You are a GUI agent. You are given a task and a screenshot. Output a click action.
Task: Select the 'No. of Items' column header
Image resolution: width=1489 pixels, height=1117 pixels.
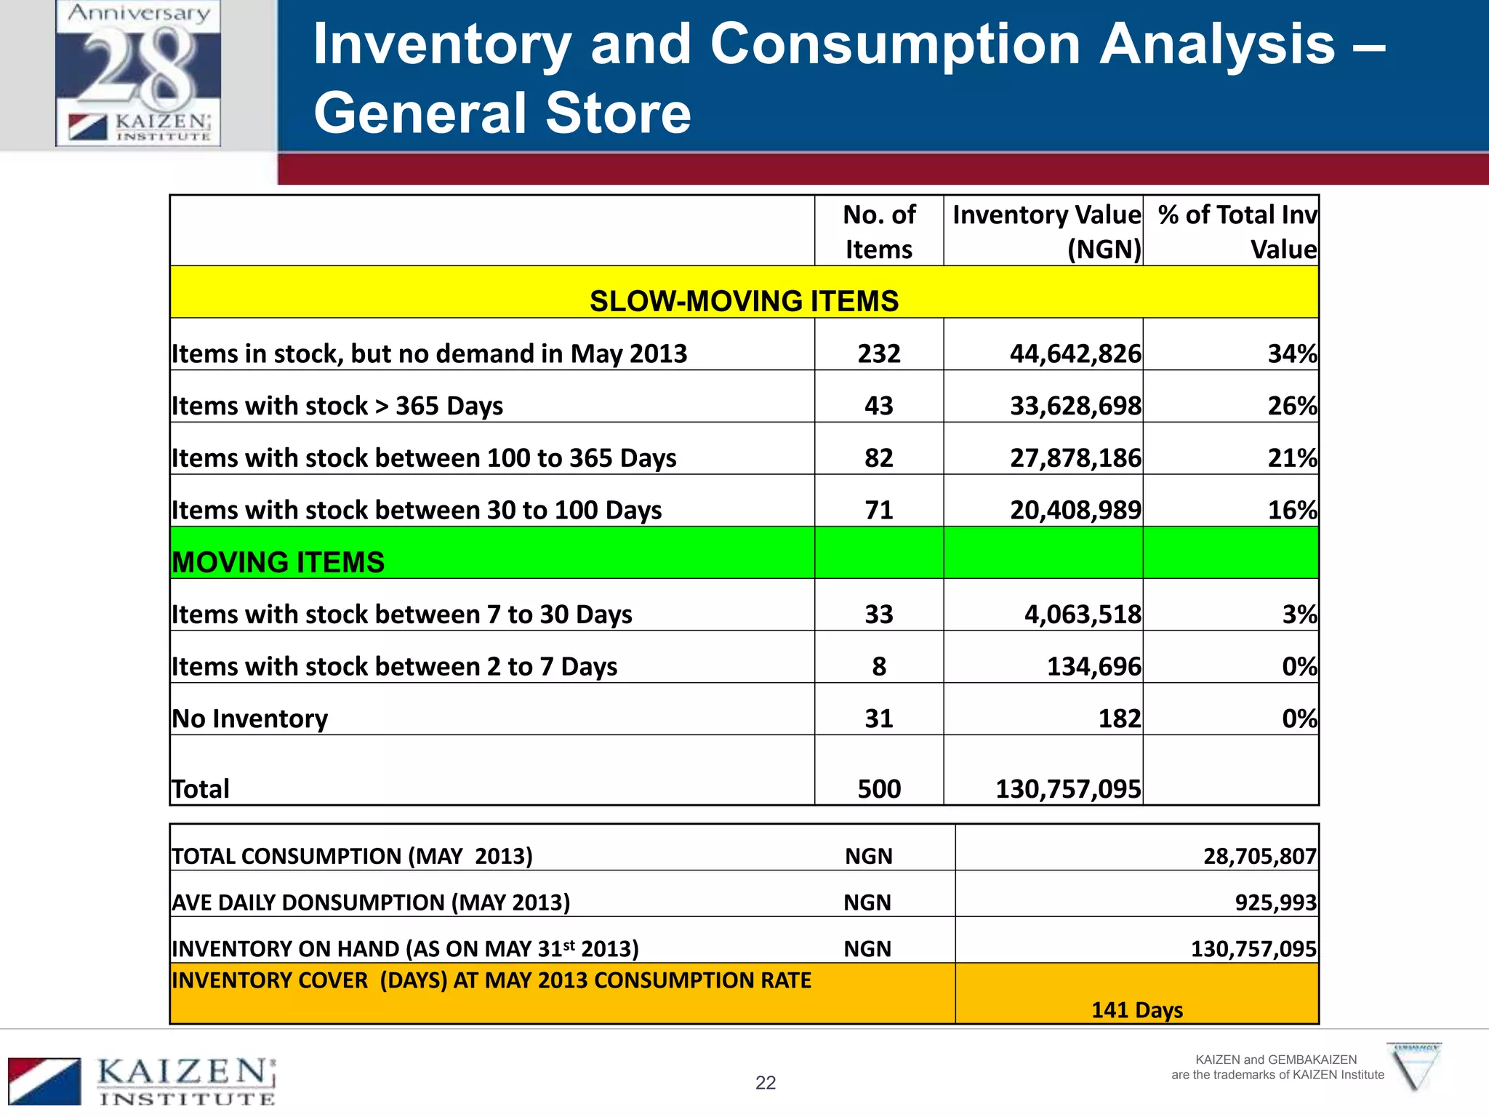(878, 231)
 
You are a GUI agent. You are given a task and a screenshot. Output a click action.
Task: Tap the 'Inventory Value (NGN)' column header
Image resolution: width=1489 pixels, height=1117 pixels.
(1045, 231)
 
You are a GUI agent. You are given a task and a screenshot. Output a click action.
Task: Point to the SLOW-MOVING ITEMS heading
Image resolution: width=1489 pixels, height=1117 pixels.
(744, 301)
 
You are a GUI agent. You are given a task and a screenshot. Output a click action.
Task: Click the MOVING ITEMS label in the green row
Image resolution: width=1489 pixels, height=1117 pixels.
(278, 562)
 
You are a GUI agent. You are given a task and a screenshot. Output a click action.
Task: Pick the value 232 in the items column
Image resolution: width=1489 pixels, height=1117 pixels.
(878, 353)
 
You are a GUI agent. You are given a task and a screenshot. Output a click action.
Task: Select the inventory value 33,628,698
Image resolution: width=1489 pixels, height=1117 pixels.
(1075, 406)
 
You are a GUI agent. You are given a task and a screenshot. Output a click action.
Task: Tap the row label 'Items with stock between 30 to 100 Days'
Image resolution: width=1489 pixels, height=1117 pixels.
(417, 510)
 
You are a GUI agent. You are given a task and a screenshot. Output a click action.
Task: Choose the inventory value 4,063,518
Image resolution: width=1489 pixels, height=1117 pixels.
(1082, 614)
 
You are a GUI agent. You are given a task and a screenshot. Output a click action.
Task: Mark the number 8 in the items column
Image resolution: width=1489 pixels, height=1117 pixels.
(878, 666)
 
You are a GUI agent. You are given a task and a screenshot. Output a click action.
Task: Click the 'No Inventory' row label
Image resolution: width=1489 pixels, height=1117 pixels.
(249, 718)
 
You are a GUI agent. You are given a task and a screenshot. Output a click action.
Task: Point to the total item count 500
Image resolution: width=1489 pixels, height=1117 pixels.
(878, 789)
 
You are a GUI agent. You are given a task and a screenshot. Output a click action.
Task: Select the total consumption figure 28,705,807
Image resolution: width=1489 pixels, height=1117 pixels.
(1259, 856)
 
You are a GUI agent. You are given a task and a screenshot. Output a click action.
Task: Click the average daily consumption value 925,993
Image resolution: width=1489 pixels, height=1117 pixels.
(1275, 902)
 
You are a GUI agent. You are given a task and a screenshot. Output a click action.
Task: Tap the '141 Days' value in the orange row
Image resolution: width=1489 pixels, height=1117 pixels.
(1137, 1010)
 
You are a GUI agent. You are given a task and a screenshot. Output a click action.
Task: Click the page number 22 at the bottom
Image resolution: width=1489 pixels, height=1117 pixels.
(766, 1083)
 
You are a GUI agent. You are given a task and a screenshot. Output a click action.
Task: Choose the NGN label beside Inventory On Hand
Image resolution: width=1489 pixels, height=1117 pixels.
(867, 949)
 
